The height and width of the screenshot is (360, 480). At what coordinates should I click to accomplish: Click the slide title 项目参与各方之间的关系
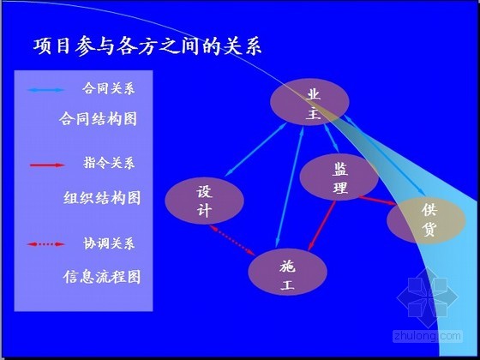pos(147,46)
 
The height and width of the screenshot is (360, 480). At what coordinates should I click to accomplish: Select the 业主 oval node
pos(309,102)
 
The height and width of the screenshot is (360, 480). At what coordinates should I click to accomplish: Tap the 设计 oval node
pos(204,201)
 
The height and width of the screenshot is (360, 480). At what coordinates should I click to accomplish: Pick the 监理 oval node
pos(339,177)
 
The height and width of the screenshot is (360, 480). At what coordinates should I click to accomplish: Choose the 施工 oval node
pos(287,273)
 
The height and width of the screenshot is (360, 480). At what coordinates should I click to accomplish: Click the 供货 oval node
pos(427,220)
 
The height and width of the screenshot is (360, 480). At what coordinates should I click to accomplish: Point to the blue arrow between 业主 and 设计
pos(256,149)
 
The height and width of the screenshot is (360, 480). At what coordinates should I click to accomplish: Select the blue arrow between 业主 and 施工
pos(290,188)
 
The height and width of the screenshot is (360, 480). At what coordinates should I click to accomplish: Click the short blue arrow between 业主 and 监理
pos(332,138)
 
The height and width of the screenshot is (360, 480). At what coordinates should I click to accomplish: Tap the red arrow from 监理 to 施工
pos(322,225)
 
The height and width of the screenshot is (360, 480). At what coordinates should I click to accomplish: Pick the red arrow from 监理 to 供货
pos(377,201)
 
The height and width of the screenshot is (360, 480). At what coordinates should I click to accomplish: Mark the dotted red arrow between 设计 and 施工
pos(232,240)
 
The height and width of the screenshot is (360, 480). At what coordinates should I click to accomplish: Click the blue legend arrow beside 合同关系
pos(46,90)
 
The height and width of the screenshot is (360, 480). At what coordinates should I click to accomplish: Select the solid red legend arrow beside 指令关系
pos(47,165)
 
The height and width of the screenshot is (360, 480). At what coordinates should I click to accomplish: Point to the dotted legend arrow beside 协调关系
pos(46,244)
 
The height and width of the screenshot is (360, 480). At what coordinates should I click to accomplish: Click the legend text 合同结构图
pos(98,119)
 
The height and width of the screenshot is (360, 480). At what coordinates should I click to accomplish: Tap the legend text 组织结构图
pos(102,198)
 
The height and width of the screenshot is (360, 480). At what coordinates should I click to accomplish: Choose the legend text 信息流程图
pos(102,277)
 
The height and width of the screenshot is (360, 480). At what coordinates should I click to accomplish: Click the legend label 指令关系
pos(109,163)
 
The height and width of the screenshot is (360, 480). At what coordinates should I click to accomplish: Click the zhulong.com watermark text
pos(428,336)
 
